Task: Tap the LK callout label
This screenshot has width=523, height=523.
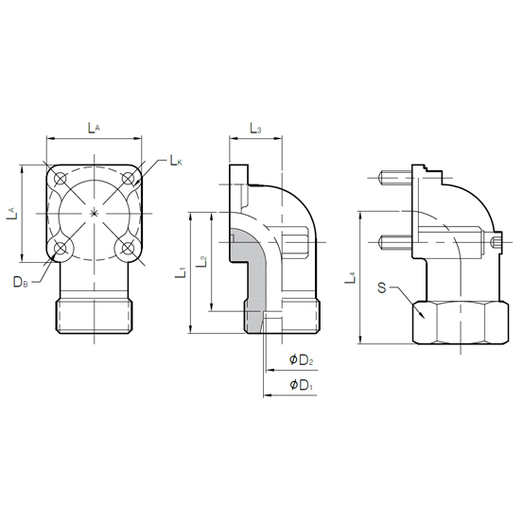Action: tap(175, 161)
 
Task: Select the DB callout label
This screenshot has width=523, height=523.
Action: tap(20, 282)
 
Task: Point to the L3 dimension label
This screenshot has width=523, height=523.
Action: tap(254, 128)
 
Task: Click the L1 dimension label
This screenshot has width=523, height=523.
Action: tap(182, 275)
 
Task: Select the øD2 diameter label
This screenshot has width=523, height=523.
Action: tap(301, 360)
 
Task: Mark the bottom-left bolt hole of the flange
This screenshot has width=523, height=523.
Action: tap(61, 249)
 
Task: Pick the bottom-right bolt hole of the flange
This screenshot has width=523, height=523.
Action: tap(127, 249)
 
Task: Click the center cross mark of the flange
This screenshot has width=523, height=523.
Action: tap(94, 215)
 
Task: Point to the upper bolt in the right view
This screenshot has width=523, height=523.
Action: tap(394, 179)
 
